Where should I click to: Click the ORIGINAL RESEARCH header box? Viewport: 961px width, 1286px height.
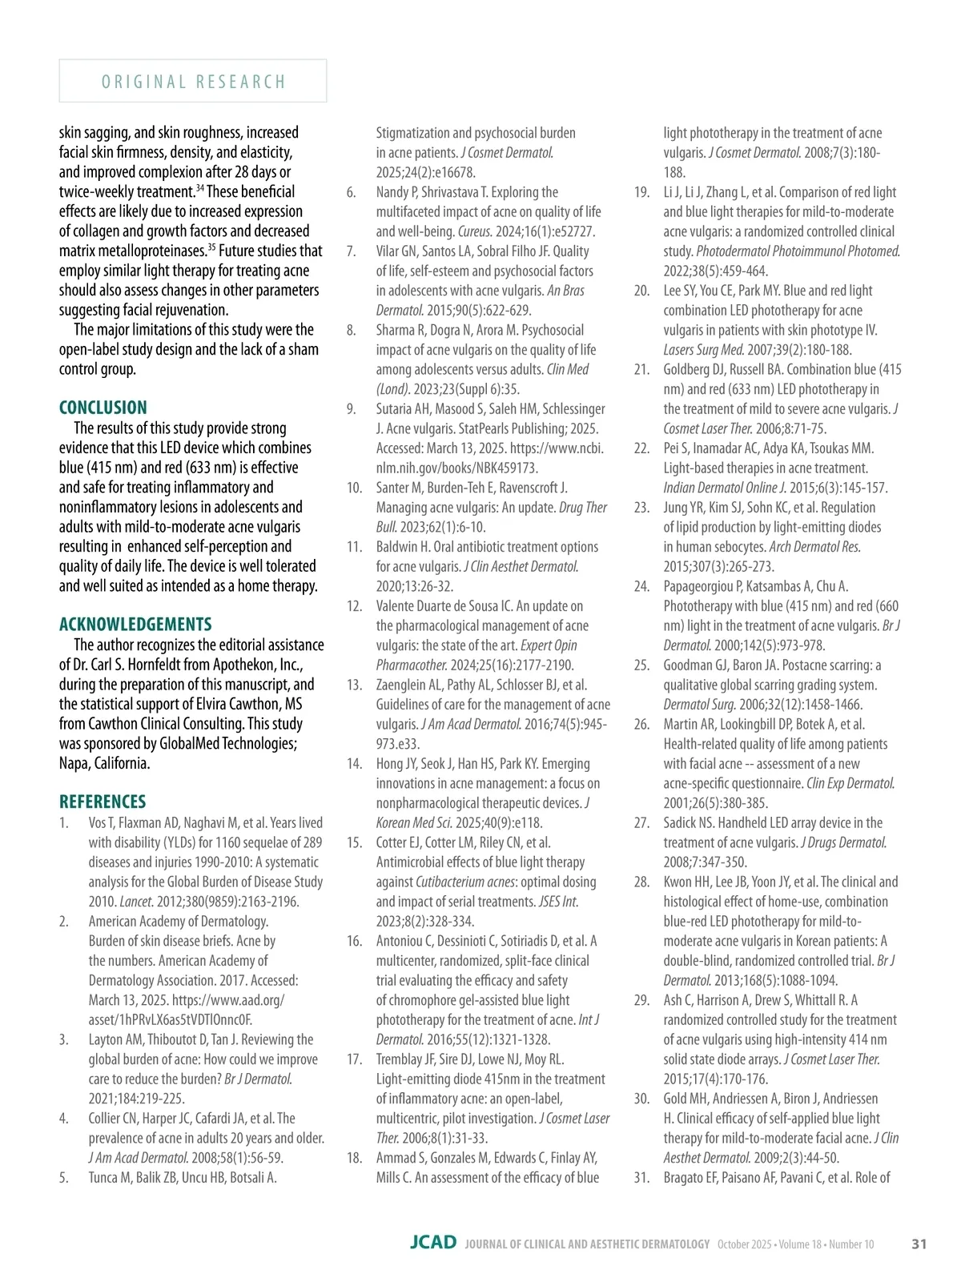(193, 81)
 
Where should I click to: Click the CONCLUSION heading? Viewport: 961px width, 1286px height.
(103, 408)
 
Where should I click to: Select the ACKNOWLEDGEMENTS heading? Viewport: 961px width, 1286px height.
(135, 625)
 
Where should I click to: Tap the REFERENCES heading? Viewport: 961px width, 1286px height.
(103, 802)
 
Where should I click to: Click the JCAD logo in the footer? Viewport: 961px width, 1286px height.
(432, 1243)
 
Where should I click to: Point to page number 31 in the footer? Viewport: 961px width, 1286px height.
(919, 1244)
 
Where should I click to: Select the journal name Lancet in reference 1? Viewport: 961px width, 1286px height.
(136, 902)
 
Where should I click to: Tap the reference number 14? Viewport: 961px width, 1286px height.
(355, 764)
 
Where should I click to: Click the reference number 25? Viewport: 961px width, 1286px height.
(641, 665)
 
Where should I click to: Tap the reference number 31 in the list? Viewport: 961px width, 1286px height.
(641, 1177)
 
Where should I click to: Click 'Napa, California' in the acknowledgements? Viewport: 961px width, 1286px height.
(104, 763)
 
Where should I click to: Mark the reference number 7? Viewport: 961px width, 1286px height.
(351, 251)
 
